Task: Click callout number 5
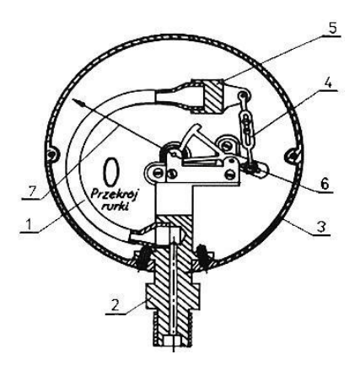332,29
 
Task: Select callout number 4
329,83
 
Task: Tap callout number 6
325,185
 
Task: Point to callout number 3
322,227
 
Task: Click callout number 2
116,306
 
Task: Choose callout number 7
31,191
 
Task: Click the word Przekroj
114,195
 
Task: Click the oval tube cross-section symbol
110,171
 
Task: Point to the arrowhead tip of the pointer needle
73,99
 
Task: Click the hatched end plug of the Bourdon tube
212,97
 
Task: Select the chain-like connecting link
246,126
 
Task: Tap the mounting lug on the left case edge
52,153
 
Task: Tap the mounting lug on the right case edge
293,154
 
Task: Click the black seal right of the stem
204,257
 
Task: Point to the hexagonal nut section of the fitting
172,297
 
